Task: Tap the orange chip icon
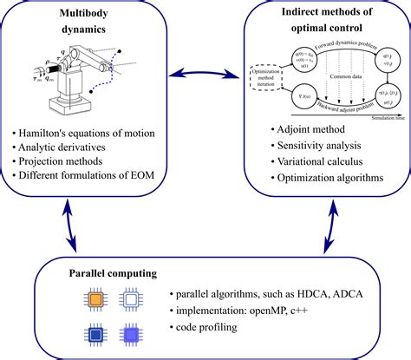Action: pyautogui.click(x=96, y=299)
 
